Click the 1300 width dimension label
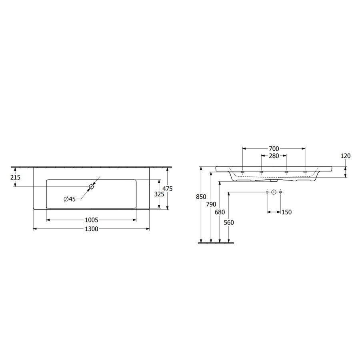click(x=92, y=229)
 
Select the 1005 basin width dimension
click(x=92, y=220)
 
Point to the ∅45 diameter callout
click(x=70, y=199)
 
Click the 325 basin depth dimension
click(x=159, y=194)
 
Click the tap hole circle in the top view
click(x=92, y=186)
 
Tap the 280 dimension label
click(x=274, y=156)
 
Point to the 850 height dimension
click(x=201, y=196)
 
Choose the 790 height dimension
click(x=210, y=204)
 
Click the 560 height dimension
click(x=228, y=222)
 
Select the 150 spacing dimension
click(x=286, y=212)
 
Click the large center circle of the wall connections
click(x=274, y=192)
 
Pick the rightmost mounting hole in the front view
click(x=305, y=172)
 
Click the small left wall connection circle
click(x=267, y=192)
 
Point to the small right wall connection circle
click(x=280, y=192)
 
